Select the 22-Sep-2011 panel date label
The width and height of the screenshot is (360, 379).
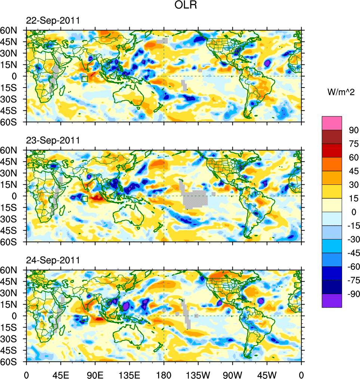(52, 21)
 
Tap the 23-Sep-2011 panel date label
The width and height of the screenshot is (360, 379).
(52, 141)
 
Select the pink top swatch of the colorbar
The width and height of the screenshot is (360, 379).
(332, 123)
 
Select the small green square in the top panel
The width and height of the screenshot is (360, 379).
(84, 79)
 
